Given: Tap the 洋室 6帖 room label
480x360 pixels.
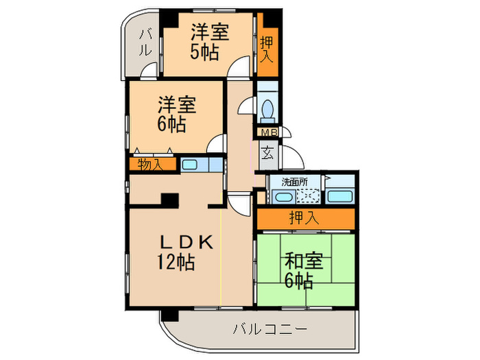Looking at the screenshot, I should point(175,115).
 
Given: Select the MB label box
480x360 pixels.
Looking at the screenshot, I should point(266,132).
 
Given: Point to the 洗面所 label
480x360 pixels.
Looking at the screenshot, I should point(296,182).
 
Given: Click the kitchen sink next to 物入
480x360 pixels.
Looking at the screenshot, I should point(190,165).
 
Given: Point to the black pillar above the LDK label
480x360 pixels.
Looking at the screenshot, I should point(169,200).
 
